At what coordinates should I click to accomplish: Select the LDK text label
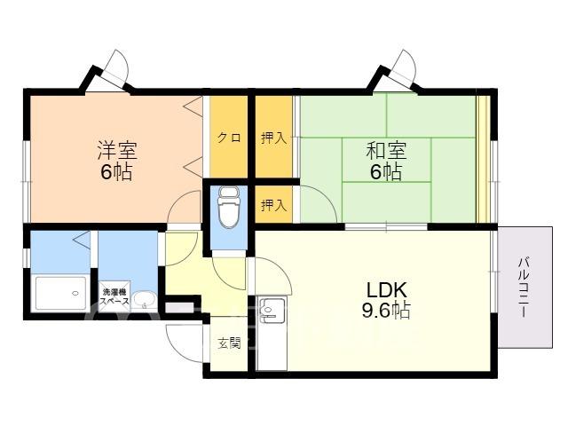[x=387, y=290]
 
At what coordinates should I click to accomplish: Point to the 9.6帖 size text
[x=386, y=311]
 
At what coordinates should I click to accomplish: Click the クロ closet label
[x=229, y=138]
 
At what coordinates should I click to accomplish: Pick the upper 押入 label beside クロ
[x=274, y=138]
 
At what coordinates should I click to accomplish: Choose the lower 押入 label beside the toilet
[x=274, y=205]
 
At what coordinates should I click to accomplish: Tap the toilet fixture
[x=229, y=207]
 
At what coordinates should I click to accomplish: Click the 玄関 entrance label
[x=229, y=343]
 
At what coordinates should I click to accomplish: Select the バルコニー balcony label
[x=524, y=287]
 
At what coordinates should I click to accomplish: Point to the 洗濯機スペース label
[x=114, y=296]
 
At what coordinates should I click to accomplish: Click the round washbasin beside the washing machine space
[x=144, y=300]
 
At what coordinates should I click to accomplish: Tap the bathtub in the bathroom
[x=61, y=294]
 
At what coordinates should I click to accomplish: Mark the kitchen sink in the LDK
[x=270, y=308]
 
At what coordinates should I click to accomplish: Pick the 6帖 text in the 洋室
[x=116, y=171]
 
